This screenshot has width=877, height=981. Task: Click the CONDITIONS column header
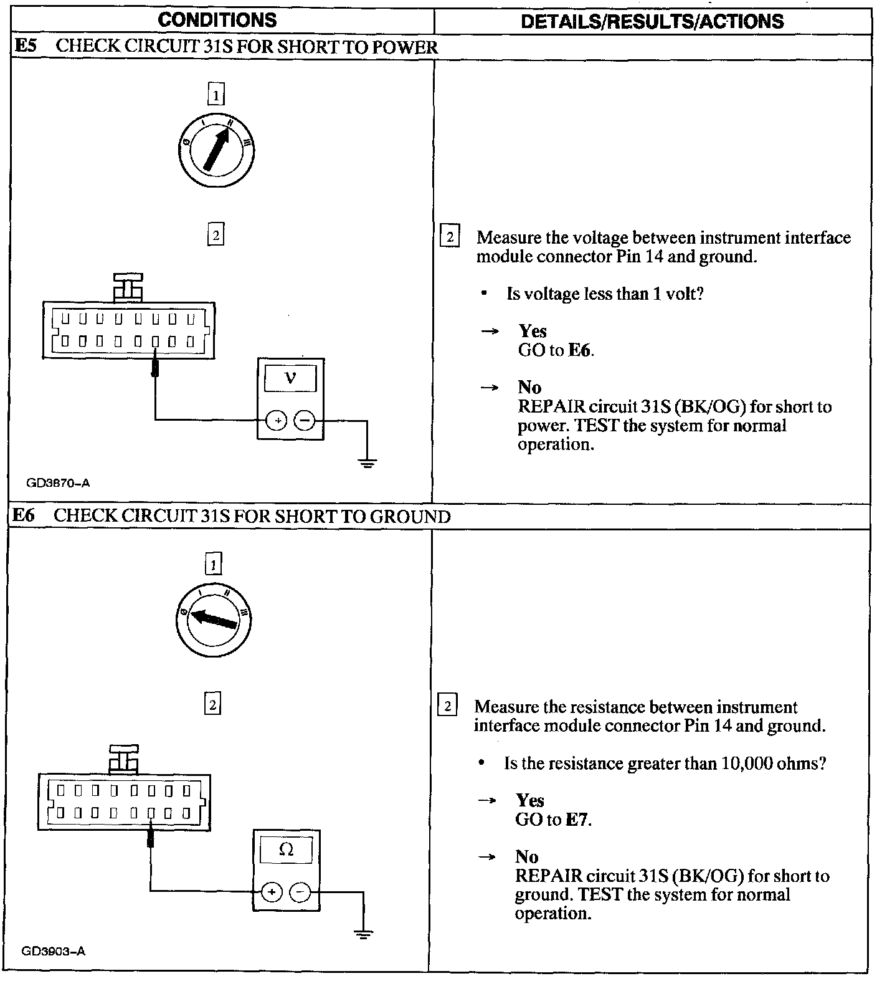(217, 20)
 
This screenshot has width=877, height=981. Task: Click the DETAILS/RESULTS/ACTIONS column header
(652, 21)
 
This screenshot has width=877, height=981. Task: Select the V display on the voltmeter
(290, 378)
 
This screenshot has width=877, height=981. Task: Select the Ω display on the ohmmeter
(286, 849)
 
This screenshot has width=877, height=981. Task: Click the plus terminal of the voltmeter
(276, 421)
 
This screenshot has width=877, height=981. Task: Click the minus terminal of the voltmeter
(305, 421)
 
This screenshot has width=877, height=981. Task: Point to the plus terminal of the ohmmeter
(271, 892)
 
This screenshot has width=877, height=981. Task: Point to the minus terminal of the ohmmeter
(300, 892)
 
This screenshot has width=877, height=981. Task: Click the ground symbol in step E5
(367, 462)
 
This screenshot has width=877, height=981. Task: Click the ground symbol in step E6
(363, 933)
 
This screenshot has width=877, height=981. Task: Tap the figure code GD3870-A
(58, 482)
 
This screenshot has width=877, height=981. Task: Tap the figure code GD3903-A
(54, 951)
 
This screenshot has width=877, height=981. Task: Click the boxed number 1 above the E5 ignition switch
(216, 95)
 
